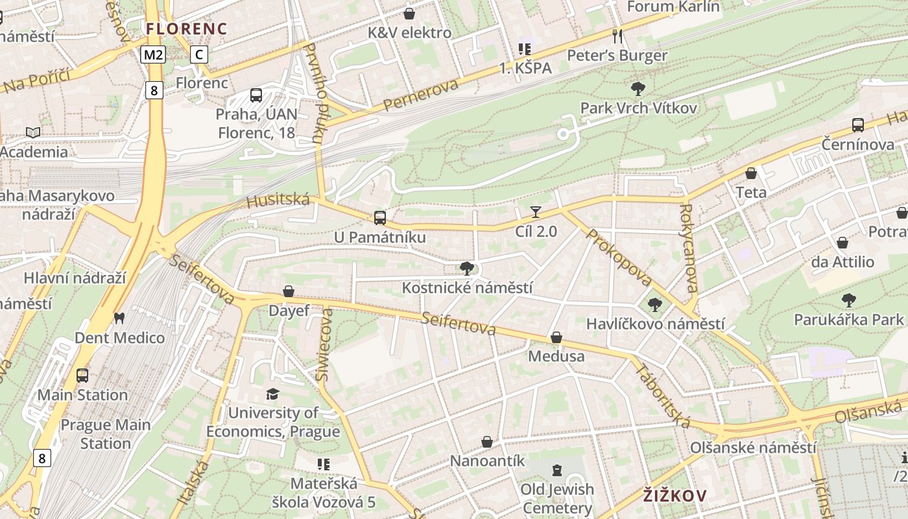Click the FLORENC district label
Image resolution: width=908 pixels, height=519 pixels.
(x=186, y=29)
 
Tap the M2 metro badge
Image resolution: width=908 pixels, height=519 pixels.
(x=153, y=54)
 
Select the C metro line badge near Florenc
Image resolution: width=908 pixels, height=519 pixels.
(x=199, y=54)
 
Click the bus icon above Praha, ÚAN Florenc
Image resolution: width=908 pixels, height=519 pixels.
(x=256, y=95)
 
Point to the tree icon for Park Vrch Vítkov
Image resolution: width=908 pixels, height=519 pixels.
(x=638, y=88)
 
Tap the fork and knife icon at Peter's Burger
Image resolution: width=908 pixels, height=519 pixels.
(x=617, y=36)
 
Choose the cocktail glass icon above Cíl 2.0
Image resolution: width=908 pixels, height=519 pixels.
(x=536, y=211)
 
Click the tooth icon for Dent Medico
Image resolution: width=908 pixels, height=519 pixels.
(x=119, y=318)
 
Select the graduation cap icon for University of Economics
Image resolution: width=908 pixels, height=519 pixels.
(x=273, y=394)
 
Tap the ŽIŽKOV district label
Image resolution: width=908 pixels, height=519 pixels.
(x=675, y=496)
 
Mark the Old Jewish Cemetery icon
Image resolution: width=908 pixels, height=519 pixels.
(x=556, y=470)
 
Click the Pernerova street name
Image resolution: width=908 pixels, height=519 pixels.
(x=420, y=95)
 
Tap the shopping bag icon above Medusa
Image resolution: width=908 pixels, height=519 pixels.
(x=556, y=337)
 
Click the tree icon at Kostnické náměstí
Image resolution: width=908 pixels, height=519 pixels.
(x=466, y=268)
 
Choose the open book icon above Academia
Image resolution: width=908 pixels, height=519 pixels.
(x=33, y=132)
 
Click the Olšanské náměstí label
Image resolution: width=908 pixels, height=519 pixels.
(x=753, y=448)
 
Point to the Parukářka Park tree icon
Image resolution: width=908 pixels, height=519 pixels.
(x=848, y=300)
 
